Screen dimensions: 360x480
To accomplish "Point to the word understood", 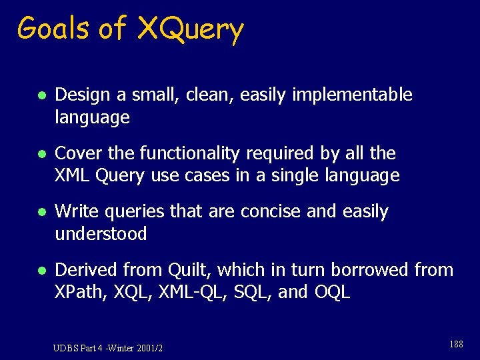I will [x=101, y=234].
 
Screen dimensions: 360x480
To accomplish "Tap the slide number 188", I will [x=456, y=344].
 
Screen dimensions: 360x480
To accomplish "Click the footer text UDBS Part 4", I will [x=83, y=347].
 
